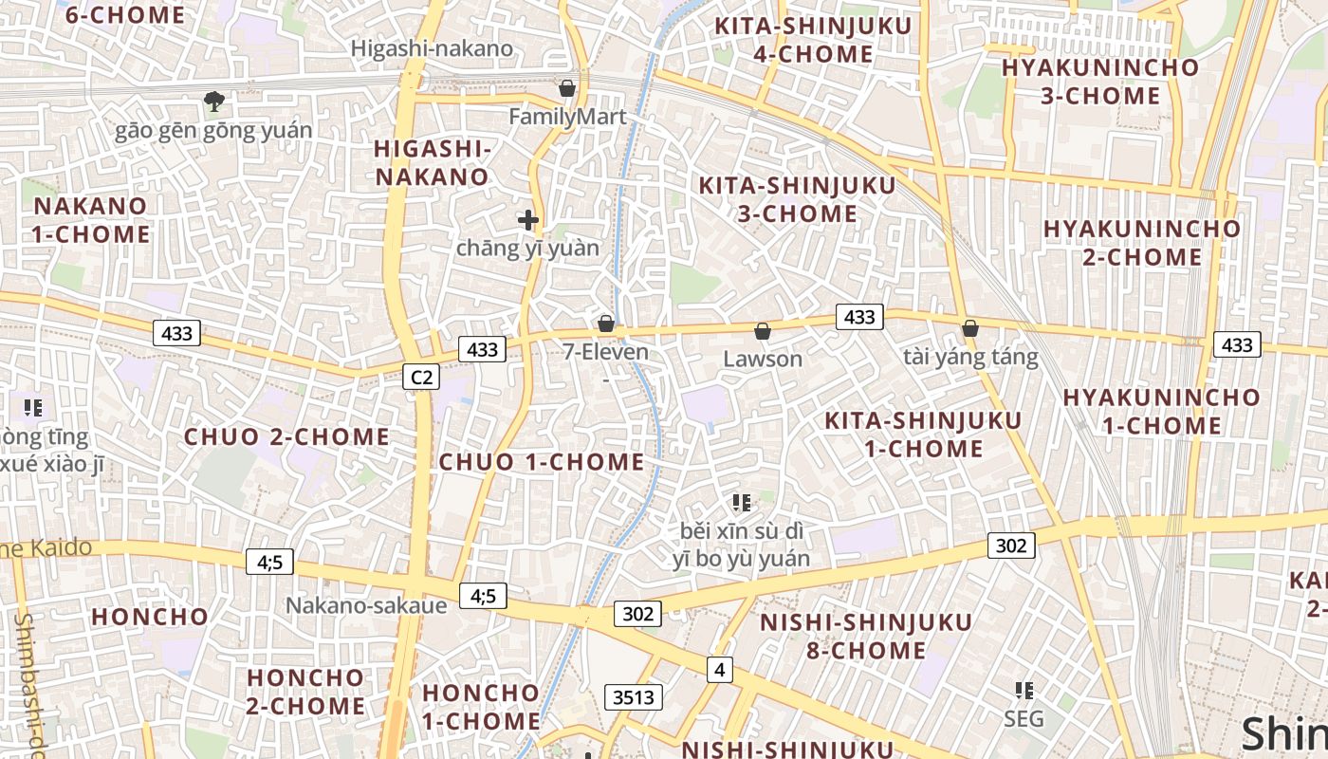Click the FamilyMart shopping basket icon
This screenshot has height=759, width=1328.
tap(567, 88)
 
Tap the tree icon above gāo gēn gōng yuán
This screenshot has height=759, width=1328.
tap(214, 101)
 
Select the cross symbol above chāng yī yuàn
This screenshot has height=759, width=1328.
tap(528, 220)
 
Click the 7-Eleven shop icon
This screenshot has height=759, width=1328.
tap(606, 324)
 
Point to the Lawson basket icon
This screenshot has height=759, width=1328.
tap(762, 330)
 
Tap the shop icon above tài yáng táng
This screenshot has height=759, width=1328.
tap(969, 328)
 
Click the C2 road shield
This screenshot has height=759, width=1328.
tap(421, 378)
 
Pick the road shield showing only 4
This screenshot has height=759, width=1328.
tap(719, 670)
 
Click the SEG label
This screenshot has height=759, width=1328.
tap(1024, 718)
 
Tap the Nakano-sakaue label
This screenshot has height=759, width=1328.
tap(366, 605)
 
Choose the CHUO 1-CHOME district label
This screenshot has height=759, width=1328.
tap(542, 462)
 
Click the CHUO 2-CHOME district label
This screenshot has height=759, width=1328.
tap(286, 436)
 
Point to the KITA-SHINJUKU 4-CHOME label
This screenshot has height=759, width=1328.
tap(813, 40)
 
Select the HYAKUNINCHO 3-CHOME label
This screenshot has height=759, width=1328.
tap(1100, 82)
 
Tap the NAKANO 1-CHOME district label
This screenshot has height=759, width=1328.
tap(91, 220)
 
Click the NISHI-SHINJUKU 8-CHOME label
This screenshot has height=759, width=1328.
tap(866, 637)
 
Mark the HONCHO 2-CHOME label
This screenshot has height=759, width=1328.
tap(305, 692)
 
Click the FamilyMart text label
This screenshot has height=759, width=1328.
tap(567, 117)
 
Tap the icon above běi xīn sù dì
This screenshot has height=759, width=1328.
tap(742, 502)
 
